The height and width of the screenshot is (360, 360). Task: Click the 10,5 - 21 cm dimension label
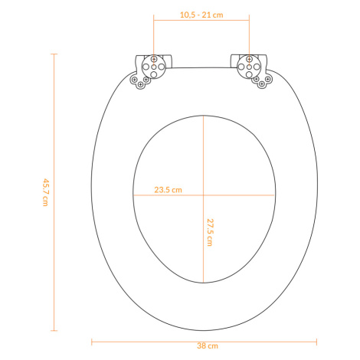pyautogui.click(x=201, y=15)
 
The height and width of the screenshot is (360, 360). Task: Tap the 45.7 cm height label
pyautogui.click(x=45, y=192)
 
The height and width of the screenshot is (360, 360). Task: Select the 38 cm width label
pyautogui.click(x=208, y=346)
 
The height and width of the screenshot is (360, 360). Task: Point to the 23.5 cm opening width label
pyautogui.click(x=168, y=190)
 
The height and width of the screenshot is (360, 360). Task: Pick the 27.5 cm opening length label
pyautogui.click(x=210, y=232)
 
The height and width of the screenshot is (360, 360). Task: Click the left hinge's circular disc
pyautogui.click(x=154, y=67)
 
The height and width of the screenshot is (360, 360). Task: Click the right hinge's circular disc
pyautogui.click(x=249, y=67)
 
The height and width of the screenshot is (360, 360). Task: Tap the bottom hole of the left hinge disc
pyautogui.click(x=154, y=74)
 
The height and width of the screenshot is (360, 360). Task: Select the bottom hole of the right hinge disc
pyautogui.click(x=249, y=74)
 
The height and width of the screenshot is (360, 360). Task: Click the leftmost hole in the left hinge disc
pyautogui.click(x=146, y=67)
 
